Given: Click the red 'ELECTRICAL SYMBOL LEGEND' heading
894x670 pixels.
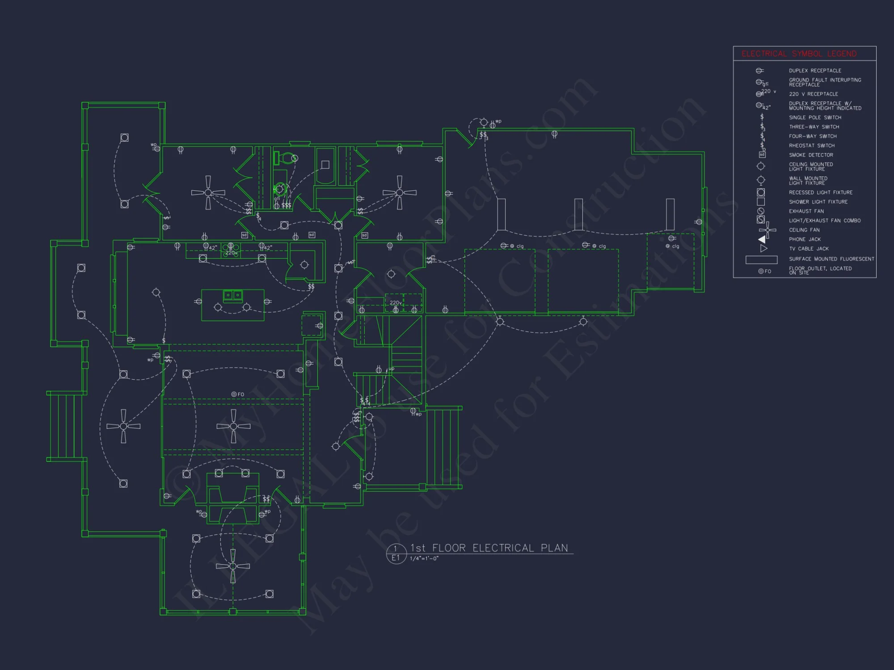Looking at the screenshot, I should coord(799,54).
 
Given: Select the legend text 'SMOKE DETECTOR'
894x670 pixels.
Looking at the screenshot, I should coord(811,155).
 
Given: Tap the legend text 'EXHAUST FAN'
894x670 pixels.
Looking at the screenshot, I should coord(806,211).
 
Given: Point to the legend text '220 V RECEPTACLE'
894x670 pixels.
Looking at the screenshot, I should coord(813,94).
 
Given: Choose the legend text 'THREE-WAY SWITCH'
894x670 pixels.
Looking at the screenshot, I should coord(814,127).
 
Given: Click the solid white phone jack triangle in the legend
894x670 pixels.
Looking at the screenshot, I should coord(762,239).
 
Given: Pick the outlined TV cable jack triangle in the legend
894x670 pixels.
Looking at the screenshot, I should coord(763,248).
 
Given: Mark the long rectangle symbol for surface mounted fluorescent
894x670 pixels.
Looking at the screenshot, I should coord(761,260).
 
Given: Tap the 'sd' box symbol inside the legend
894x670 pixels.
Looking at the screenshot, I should coord(762,155).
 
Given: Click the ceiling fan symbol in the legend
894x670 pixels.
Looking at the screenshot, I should coord(767,230).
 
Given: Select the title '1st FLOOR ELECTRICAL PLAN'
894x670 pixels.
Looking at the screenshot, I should coord(489,548).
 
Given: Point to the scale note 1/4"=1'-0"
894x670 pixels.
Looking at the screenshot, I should coord(424,558).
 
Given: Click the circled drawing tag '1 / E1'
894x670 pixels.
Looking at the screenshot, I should coord(396,553).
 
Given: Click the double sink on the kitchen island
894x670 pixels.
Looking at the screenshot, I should coord(232,295).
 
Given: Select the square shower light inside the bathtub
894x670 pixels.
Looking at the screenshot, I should coord(325,165).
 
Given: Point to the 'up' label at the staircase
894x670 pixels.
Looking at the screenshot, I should coord(392,369).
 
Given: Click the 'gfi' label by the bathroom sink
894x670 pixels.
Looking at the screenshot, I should coord(277,198).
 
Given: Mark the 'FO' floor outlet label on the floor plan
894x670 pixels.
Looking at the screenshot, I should coord(240,394).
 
